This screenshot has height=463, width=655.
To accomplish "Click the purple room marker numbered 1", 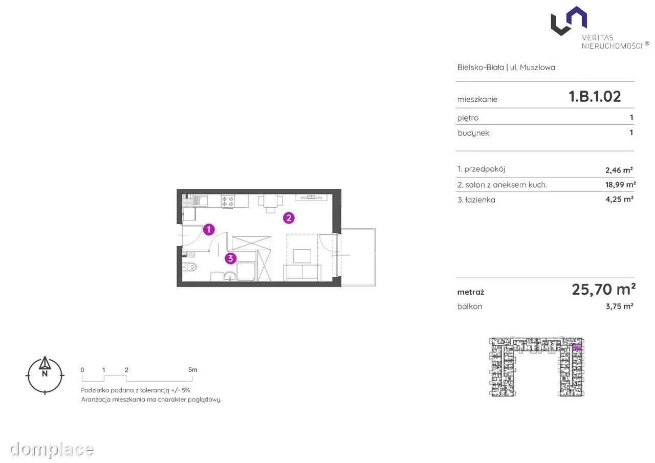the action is [209, 230].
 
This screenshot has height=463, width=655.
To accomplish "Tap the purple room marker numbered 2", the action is [289, 218].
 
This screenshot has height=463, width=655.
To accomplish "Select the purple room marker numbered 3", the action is [230, 258].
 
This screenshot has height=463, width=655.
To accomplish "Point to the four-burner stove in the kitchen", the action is [228, 201].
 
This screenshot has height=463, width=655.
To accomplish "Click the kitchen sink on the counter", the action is [200, 201].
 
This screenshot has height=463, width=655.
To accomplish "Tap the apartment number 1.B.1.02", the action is [595, 97].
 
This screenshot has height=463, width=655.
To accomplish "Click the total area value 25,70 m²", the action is [603, 290].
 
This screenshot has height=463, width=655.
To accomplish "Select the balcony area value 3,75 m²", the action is [619, 306].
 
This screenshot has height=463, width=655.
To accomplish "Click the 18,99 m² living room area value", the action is [620, 185].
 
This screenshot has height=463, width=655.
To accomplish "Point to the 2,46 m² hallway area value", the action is [619, 170].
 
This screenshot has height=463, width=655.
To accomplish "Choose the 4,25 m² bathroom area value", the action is [619, 199].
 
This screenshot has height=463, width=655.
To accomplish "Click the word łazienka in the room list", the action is [480, 200].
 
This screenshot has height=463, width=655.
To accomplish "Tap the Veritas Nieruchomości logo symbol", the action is [569, 21].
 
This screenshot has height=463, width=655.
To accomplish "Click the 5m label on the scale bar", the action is [193, 369].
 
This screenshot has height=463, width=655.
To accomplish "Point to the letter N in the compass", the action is [45, 373].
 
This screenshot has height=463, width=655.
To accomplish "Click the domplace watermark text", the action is [52, 449].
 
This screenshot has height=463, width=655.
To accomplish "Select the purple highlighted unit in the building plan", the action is [576, 347].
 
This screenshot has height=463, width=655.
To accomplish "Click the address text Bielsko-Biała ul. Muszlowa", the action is [506, 67].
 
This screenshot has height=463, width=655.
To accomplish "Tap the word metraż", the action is [471, 292].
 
